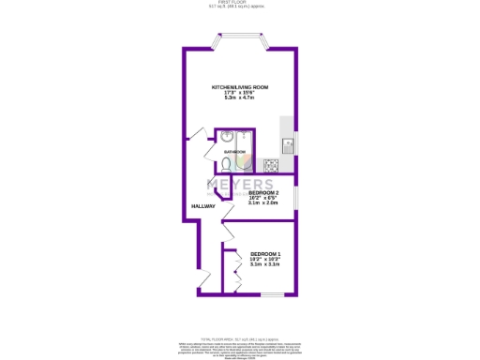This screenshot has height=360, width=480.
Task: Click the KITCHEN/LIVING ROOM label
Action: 240,87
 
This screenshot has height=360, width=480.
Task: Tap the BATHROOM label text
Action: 234,152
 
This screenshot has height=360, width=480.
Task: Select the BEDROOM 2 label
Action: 262,193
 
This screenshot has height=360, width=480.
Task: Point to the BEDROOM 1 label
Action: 265,254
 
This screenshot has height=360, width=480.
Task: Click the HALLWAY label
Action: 203,206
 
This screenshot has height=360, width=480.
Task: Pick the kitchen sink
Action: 288,145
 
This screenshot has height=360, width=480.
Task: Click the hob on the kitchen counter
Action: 271,165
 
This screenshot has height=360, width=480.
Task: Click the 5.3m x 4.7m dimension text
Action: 240,98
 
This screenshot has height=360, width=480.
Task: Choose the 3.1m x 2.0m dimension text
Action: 262,203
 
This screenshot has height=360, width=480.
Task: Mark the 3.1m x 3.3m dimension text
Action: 265,265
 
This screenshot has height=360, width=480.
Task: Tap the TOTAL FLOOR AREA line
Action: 240,338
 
